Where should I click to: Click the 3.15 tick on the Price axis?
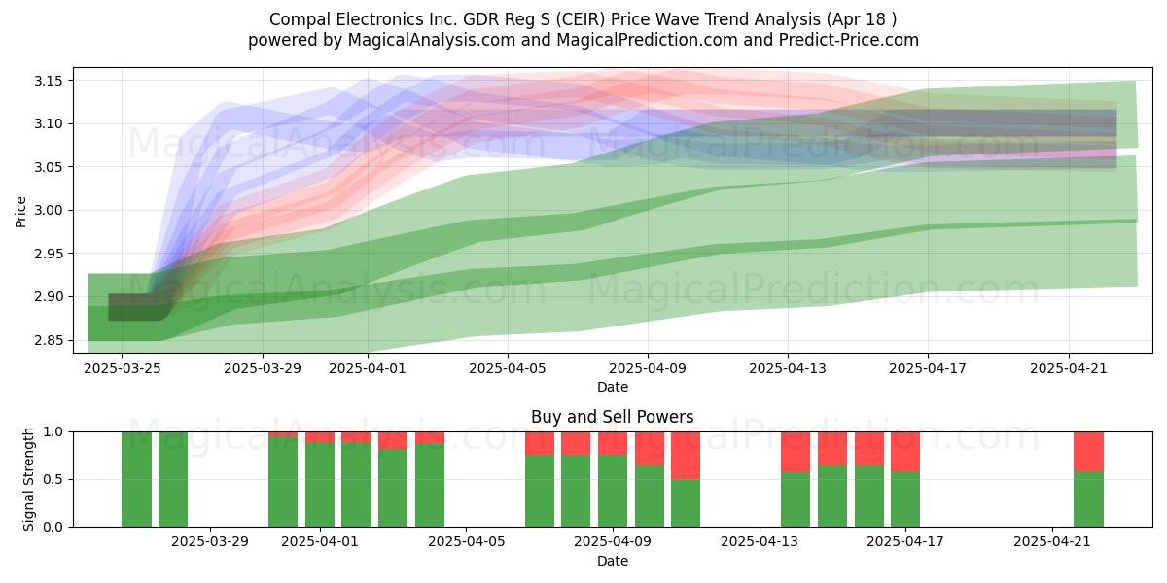[x=48, y=81]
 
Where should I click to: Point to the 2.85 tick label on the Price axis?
[x=48, y=340]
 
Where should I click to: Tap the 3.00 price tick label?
[x=48, y=210]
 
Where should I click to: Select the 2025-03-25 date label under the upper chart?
[x=123, y=368]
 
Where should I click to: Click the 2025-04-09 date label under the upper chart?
[x=648, y=368]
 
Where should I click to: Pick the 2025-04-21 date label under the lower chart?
[x=1052, y=542]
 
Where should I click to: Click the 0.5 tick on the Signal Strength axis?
[x=53, y=479]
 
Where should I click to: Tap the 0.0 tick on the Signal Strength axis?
[x=53, y=527]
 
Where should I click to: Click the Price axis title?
[x=20, y=212]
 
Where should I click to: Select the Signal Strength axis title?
[x=28, y=479]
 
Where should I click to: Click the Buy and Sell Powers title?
[x=612, y=417]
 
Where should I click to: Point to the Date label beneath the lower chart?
[x=612, y=561]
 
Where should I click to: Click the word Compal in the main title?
[x=301, y=19]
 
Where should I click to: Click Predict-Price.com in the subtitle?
[x=849, y=40]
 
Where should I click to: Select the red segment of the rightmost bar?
[x=1088, y=451]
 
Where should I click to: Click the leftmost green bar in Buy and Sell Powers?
[x=136, y=479]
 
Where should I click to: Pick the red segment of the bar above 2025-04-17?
[x=905, y=451]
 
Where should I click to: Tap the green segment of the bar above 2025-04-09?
[x=612, y=491]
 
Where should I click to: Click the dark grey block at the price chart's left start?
[x=135, y=307]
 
